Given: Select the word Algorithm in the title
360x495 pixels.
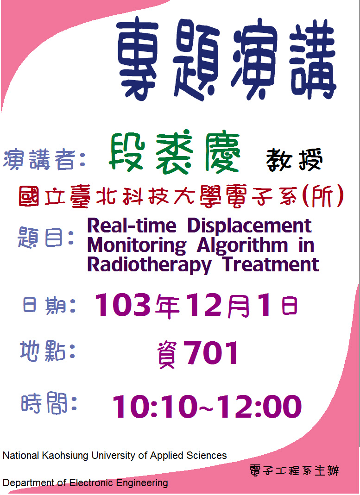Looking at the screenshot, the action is (242, 245).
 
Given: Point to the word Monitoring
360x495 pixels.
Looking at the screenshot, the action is (137, 245).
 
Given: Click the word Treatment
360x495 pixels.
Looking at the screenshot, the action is (271, 264).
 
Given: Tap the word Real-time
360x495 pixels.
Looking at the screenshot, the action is (132, 226).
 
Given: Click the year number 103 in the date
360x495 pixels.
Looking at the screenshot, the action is (123, 305).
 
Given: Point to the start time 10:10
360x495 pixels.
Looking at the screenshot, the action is (155, 406).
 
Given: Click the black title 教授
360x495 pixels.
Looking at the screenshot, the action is (294, 160).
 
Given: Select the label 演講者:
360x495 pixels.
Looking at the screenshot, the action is (44, 160).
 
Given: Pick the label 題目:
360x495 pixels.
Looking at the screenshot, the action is (46, 238).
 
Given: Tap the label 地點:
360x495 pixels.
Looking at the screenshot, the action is (48, 351).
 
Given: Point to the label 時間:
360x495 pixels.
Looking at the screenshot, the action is (49, 403).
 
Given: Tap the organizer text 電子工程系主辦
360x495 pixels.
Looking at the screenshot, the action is (294, 471).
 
